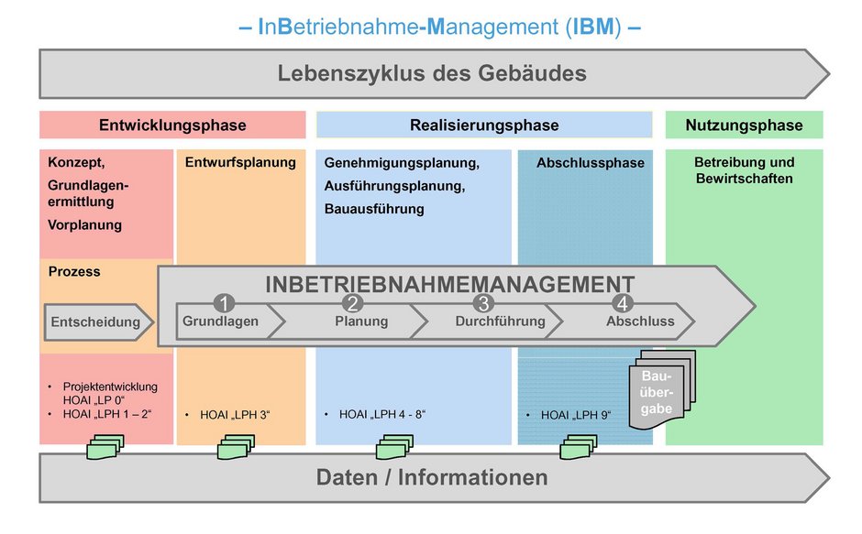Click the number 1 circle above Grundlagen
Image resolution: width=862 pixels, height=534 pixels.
pos(224,302)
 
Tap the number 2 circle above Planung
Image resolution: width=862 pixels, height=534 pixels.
pos(352,302)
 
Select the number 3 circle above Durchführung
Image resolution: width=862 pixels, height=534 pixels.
pos(484,302)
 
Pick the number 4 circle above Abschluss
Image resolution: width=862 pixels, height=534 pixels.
pos(623,302)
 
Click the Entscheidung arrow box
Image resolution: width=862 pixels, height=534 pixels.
pos(98,321)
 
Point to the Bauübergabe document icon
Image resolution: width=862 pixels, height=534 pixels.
pos(662,389)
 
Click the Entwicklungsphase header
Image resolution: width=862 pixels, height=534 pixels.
pos(172,125)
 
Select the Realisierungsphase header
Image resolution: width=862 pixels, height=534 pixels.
pos(484,125)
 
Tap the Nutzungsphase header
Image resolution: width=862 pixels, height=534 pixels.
pos(744,125)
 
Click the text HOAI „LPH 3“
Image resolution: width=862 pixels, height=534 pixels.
pos(235,415)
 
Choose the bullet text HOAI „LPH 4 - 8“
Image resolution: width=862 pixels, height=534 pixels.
pos(382,414)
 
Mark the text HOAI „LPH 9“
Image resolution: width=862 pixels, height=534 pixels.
pos(576,415)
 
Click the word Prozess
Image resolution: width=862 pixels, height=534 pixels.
pos(74,271)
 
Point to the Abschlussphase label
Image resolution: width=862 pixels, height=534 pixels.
pos(591,163)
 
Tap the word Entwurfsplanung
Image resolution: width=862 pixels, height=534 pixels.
pos(240,162)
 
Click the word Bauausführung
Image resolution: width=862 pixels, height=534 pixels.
pos(374,209)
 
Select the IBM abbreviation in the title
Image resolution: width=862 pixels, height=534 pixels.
pos(593,27)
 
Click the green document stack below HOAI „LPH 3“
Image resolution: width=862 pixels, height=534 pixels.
pos(237,447)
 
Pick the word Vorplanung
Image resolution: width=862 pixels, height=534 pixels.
pos(84,224)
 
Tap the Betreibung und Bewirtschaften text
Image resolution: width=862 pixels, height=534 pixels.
pos(744,170)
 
